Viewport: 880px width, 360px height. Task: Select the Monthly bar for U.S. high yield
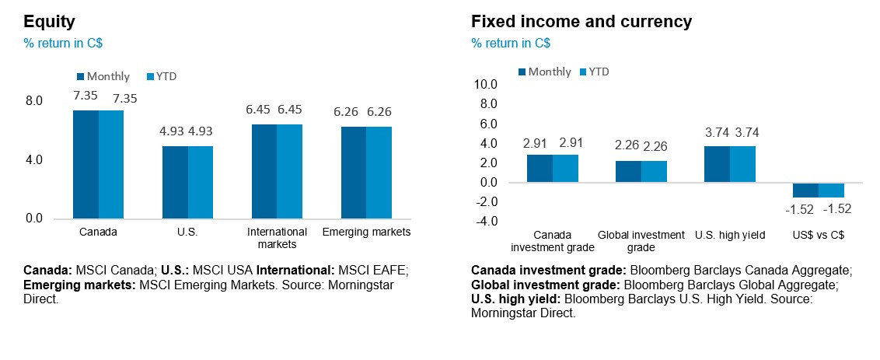click(717, 164)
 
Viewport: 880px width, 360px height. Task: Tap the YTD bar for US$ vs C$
click(831, 190)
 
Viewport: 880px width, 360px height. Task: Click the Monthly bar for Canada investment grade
click(540, 168)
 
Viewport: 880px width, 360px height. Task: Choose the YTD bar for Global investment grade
click(654, 172)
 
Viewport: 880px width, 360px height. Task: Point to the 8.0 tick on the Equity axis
click(34, 101)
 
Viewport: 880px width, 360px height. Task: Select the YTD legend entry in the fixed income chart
click(599, 72)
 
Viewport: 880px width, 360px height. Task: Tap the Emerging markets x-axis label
click(365, 232)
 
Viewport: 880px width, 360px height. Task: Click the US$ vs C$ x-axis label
click(819, 235)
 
